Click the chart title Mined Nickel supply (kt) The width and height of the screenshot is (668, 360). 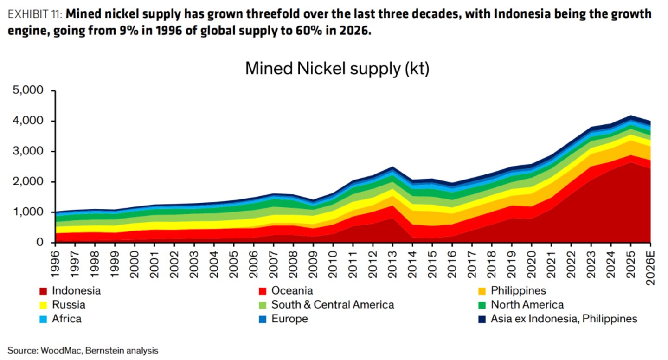click(x=337, y=69)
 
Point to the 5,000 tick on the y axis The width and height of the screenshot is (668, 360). click(x=28, y=90)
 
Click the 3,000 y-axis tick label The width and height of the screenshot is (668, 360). click(x=28, y=151)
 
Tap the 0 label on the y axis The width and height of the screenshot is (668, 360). click(x=40, y=242)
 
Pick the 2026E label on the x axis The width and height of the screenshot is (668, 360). click(x=650, y=268)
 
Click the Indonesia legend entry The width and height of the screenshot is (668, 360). click(x=70, y=291)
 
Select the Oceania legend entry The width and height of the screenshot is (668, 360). click(x=286, y=291)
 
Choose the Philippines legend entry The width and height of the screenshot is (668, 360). click(x=512, y=291)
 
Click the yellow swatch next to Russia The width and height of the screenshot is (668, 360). click(x=43, y=305)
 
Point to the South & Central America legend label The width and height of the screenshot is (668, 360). click(x=333, y=304)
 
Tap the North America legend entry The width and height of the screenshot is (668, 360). click(x=521, y=304)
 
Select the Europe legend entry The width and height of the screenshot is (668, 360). click(x=283, y=319)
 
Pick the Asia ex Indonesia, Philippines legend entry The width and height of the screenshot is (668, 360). click(x=558, y=319)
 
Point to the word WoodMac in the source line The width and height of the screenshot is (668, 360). click(x=61, y=350)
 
